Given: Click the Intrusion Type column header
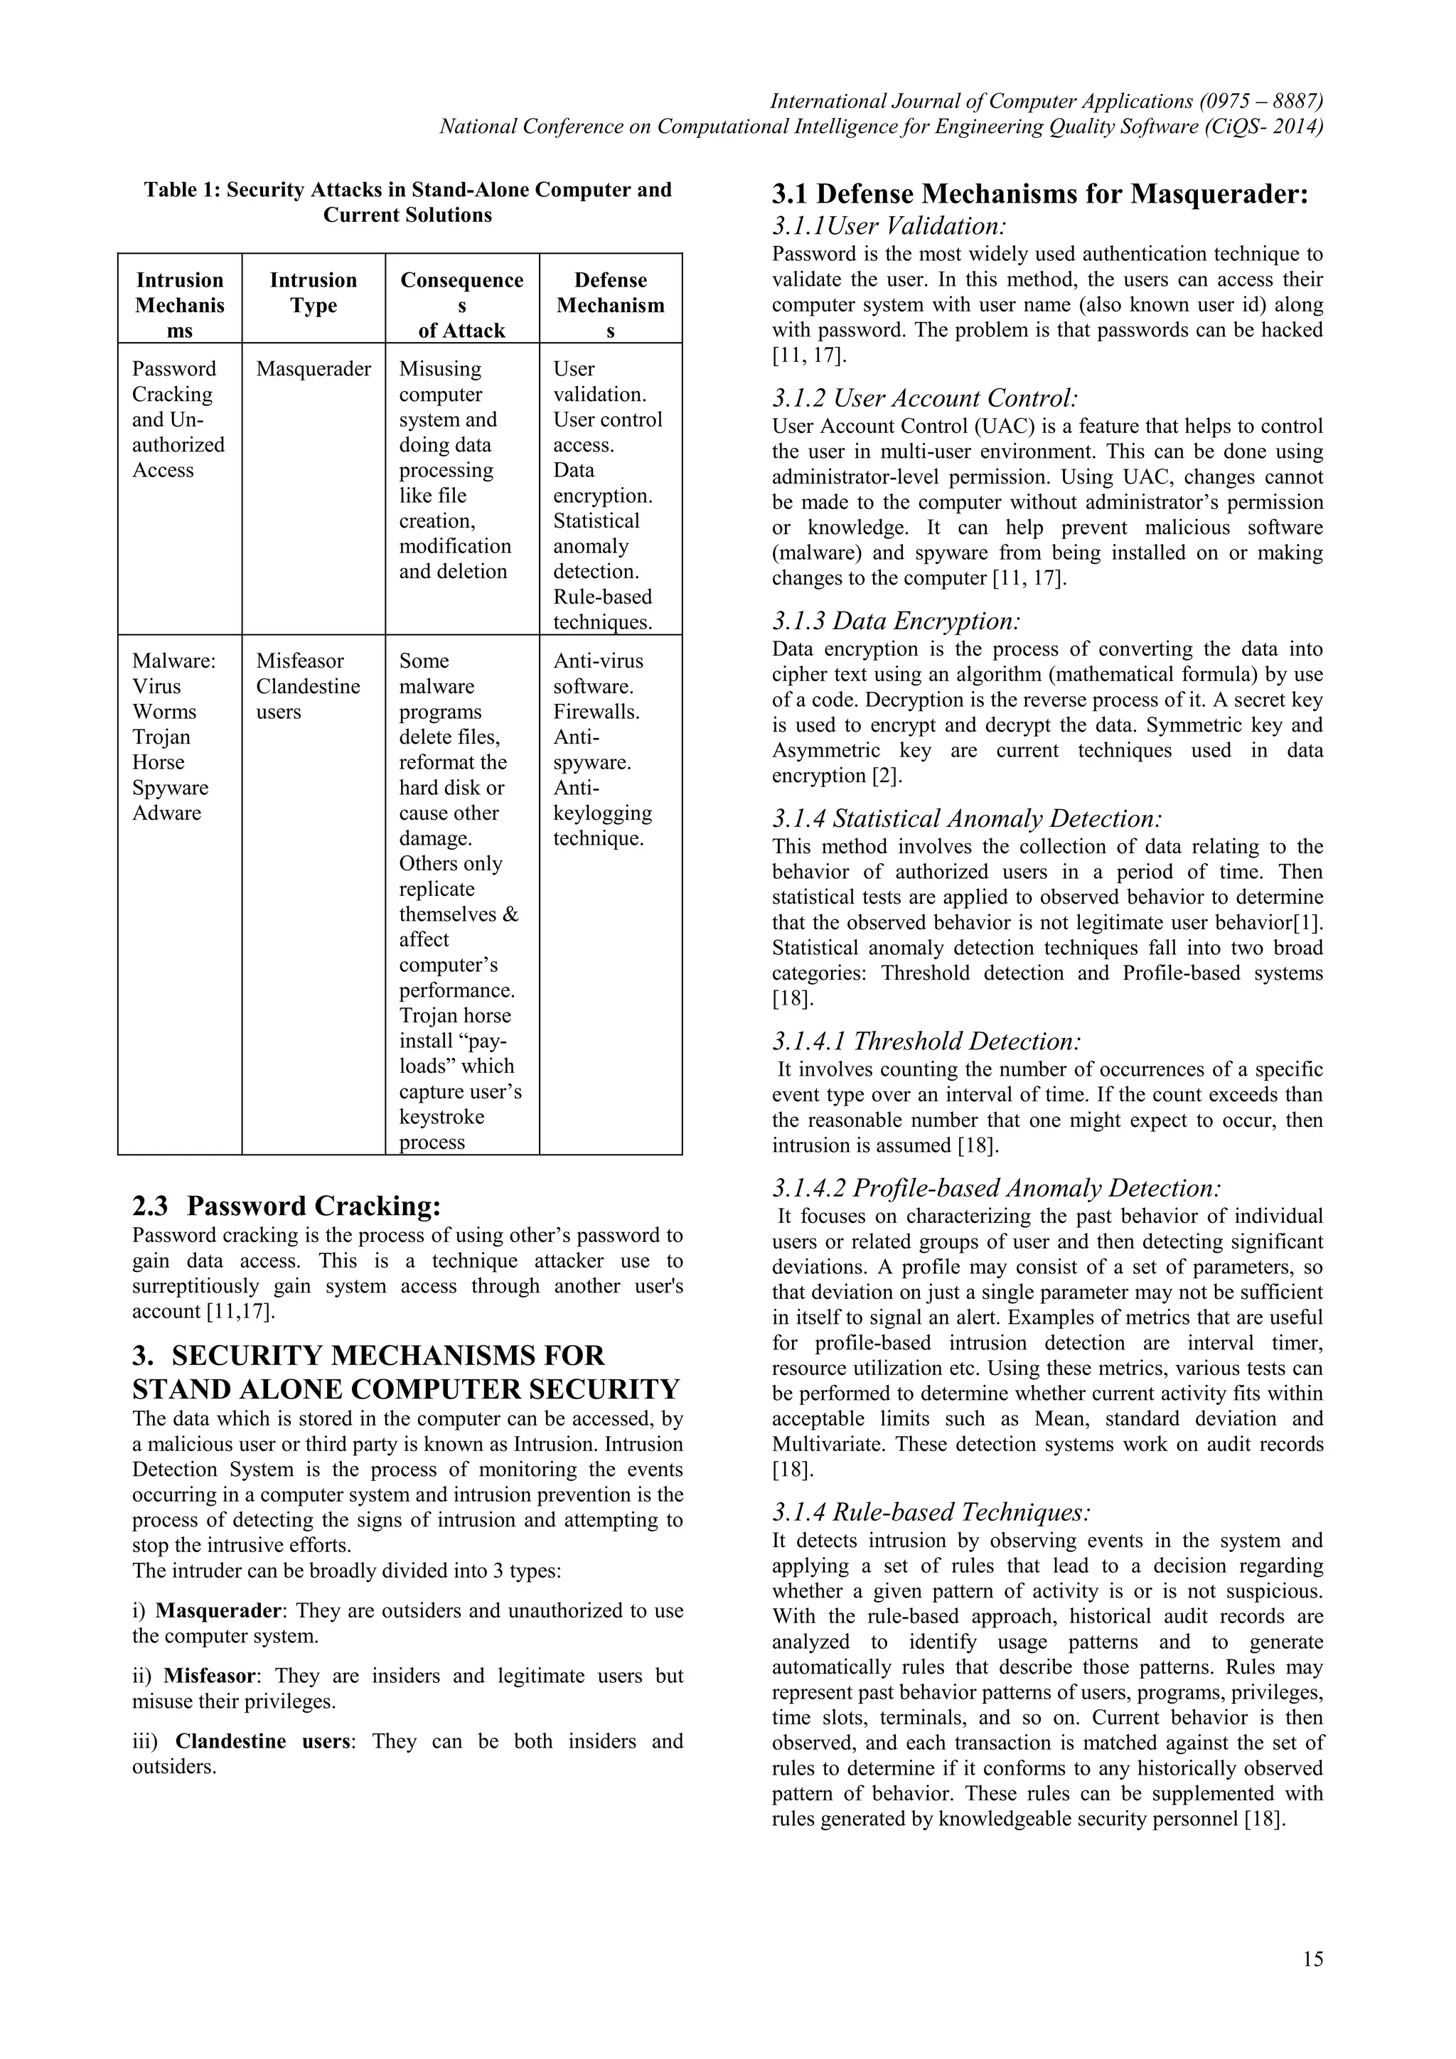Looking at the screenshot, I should tap(313, 292).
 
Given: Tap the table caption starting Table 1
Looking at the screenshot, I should tap(408, 202).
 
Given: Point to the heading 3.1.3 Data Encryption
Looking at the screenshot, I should tap(896, 621).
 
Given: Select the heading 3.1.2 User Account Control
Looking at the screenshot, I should tap(924, 398).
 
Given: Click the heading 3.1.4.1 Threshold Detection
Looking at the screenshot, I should tap(926, 1041).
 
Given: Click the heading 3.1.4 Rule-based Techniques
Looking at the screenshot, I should tap(931, 1512).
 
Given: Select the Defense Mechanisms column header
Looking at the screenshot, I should tap(611, 305).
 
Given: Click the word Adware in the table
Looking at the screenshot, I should tap(167, 813).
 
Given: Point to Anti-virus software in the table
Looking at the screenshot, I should tap(598, 673).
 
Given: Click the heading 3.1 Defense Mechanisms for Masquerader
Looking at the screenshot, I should tap(1040, 193).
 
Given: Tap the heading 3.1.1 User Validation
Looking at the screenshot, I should tap(889, 225).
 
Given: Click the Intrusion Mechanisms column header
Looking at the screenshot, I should tap(179, 305).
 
